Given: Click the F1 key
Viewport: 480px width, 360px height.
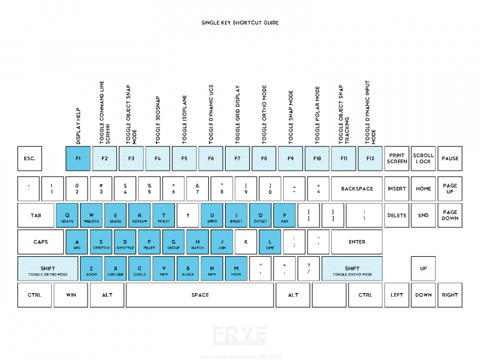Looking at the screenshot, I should tap(78, 159).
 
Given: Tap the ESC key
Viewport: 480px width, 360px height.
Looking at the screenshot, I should tap(29, 159).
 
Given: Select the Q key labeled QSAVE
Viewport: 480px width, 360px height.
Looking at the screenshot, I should tap(67, 216).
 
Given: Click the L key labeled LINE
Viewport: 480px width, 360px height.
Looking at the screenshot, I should tap(270, 242).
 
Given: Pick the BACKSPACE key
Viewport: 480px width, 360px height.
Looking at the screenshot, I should tap(357, 189).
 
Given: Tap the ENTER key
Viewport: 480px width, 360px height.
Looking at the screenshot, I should tap(357, 242).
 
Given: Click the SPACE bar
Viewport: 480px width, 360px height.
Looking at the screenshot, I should tap(200, 295).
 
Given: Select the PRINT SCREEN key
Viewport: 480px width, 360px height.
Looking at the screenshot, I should tap(397, 159).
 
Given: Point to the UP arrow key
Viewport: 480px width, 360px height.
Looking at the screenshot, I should tap(423, 269).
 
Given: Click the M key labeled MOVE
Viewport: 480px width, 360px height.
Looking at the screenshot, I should tap(236, 269).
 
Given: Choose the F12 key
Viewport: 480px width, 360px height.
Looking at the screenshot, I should tap(370, 159).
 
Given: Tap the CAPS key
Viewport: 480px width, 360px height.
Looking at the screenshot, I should tap(41, 242).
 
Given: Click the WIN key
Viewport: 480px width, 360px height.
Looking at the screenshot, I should tap(71, 295).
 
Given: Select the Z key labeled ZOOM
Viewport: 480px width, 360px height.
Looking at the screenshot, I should tap(91, 269).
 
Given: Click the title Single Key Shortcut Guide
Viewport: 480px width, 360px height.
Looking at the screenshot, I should tap(239, 22).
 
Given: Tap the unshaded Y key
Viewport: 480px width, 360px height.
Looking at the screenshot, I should tap(188, 216).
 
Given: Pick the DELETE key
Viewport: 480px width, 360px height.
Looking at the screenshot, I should tap(397, 216).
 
